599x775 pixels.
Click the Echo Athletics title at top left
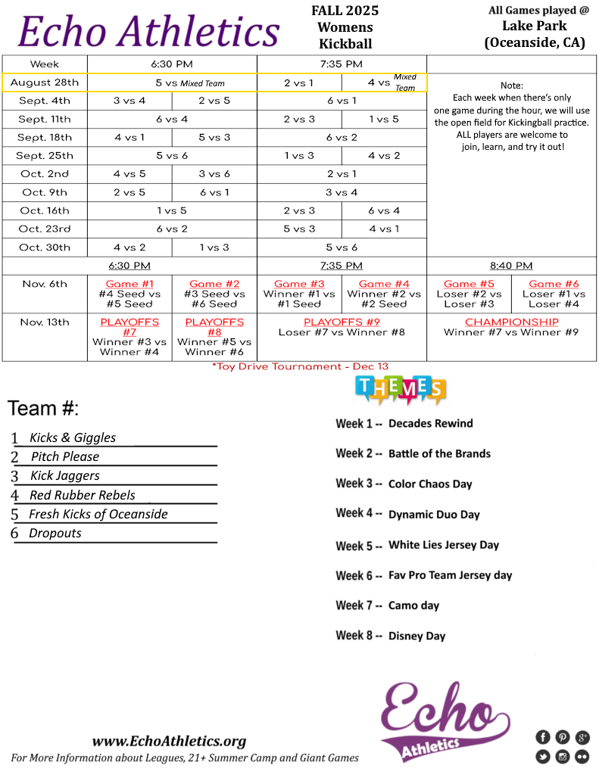(x=149, y=32)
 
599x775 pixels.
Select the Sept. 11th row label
(x=45, y=119)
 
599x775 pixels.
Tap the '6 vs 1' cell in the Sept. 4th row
(x=342, y=101)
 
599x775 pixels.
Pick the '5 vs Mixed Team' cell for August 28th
(x=190, y=82)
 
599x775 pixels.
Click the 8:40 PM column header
(x=511, y=266)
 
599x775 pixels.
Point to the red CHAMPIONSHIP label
(x=511, y=322)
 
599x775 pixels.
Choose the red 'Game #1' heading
(x=129, y=284)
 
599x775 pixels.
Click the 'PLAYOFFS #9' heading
(x=342, y=322)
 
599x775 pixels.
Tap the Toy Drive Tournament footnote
(x=300, y=366)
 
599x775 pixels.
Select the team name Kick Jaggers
(x=64, y=475)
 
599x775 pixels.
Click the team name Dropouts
(x=55, y=533)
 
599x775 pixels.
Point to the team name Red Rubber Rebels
(x=82, y=495)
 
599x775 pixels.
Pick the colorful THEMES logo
(x=400, y=389)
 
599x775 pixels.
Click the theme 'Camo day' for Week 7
(x=413, y=605)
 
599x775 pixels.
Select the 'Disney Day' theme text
(x=416, y=636)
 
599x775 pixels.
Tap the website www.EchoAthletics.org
(x=169, y=741)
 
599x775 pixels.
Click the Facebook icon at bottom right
(x=542, y=737)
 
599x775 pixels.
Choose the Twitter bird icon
(x=542, y=756)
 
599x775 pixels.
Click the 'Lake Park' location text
(x=534, y=26)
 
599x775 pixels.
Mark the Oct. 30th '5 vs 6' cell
(x=342, y=247)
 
